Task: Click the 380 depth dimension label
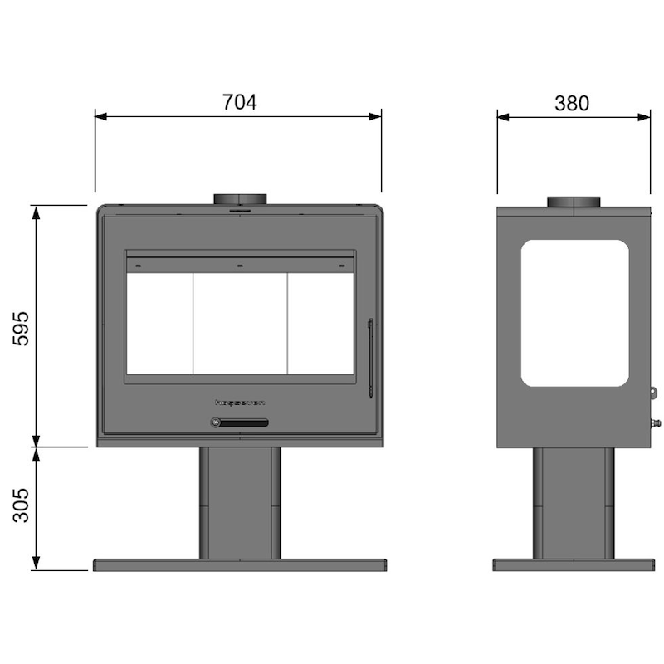coord(572,103)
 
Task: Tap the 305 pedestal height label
coord(21,505)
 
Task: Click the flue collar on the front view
coord(240,200)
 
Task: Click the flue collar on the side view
coord(573,203)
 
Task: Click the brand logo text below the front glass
coord(240,403)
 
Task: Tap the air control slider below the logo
coord(240,423)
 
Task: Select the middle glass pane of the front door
coord(240,324)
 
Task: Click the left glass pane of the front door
coord(159,324)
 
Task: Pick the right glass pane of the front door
coord(320,324)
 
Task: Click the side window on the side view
coord(574,313)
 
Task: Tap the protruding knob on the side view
coord(656,424)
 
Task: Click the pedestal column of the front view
coord(240,503)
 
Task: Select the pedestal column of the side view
coord(574,503)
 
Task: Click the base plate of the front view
coord(240,565)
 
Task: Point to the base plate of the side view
coord(574,565)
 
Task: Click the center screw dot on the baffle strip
coord(240,266)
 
